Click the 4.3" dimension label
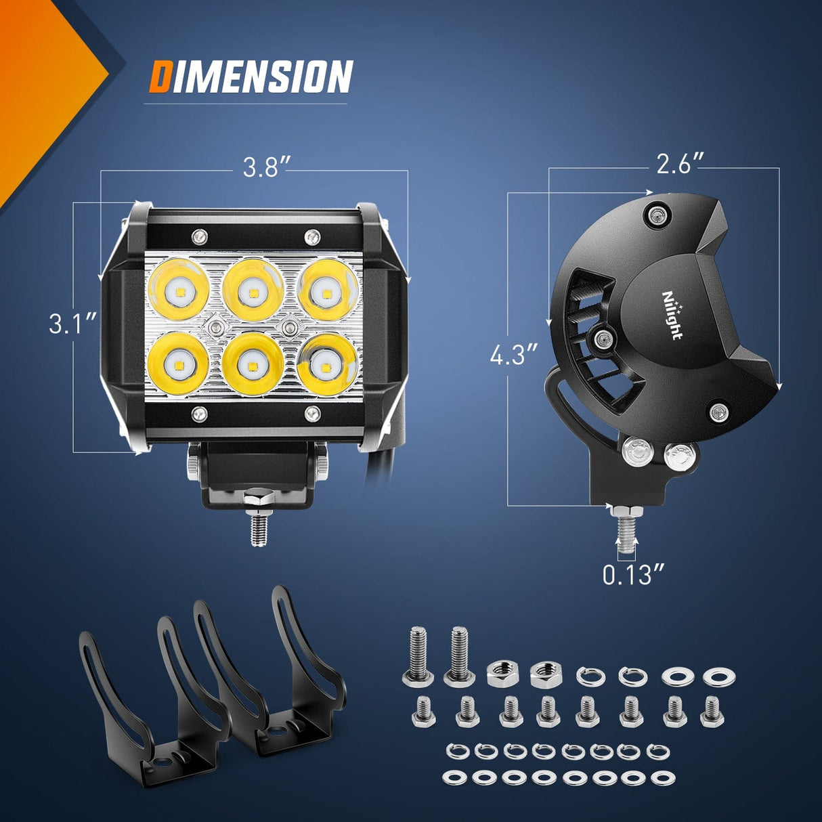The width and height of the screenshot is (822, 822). tap(514, 354)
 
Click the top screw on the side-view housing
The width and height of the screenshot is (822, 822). tap(656, 215)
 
